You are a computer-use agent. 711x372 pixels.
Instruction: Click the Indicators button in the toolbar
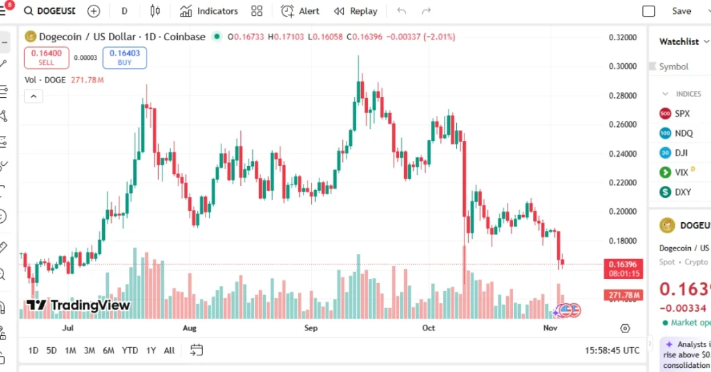[208, 11]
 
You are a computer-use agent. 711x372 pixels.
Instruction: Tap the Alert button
[301, 11]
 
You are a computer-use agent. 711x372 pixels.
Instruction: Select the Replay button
[355, 11]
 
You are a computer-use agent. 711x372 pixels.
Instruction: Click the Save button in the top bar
[681, 11]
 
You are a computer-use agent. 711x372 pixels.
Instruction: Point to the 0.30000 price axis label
[622, 67]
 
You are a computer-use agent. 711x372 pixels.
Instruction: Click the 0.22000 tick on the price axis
[622, 183]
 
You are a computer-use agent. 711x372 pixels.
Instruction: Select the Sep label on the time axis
[310, 328]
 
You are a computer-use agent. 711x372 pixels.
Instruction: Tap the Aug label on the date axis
[189, 328]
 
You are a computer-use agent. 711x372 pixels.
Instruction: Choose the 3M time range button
[89, 350]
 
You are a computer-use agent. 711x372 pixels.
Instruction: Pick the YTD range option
[130, 350]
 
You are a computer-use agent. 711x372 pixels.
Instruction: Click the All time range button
[169, 350]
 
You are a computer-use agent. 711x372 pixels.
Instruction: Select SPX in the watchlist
[682, 113]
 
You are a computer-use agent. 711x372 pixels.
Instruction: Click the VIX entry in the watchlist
[681, 172]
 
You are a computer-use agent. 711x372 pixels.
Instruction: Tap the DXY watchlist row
[683, 192]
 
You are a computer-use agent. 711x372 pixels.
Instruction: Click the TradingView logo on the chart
[78, 305]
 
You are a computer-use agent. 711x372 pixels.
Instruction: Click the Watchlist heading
[678, 42]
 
